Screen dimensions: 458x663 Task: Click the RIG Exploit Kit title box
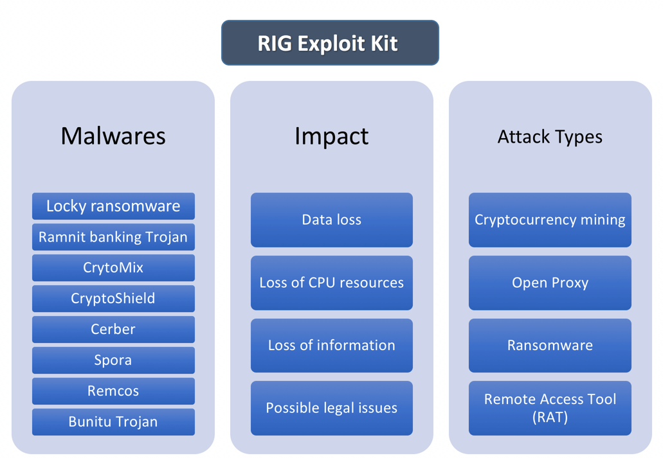[330, 43]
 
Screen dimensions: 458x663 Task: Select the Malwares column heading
[113, 136]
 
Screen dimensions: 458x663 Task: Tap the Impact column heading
[331, 136]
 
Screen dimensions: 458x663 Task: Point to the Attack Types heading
[550, 137]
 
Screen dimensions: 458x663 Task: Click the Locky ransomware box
[113, 206]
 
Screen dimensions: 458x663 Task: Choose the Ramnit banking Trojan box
[113, 237]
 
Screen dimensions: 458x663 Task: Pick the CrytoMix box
[113, 268]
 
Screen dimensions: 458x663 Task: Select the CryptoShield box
[113, 299]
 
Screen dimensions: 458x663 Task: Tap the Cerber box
[113, 330]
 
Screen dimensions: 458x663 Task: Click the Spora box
[113, 360]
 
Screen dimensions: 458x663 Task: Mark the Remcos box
[113, 391]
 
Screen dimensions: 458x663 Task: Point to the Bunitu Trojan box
[113, 422]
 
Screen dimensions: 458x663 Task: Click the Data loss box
[331, 220]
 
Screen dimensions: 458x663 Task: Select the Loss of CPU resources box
[331, 283]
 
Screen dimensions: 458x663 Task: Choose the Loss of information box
[331, 346]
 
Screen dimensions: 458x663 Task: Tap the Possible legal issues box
[331, 408]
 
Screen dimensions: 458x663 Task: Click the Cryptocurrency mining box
[550, 220]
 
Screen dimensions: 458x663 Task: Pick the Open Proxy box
[550, 283]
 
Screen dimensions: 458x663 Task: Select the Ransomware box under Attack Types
[550, 346]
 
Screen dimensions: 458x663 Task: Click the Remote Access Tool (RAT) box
[550, 408]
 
